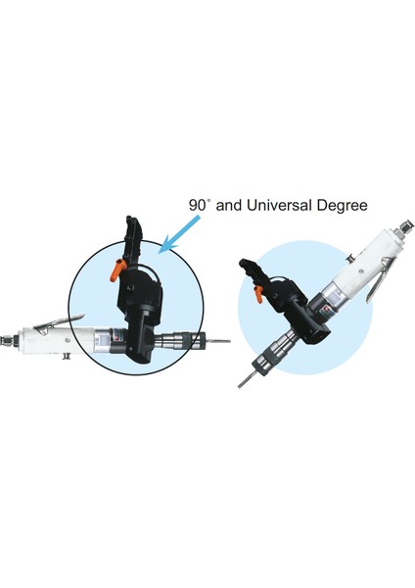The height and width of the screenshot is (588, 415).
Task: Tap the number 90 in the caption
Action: pos(199,206)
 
